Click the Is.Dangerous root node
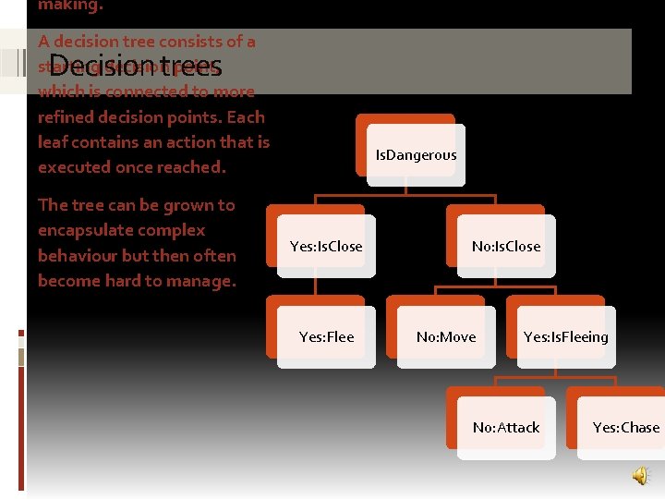pyautogui.click(x=415, y=155)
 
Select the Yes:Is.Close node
pyautogui.click(x=326, y=246)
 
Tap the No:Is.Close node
pyautogui.click(x=505, y=246)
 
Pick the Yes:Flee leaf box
pyautogui.click(x=326, y=336)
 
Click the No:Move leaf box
pyautogui.click(x=446, y=336)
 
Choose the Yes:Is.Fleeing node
pyautogui.click(x=565, y=336)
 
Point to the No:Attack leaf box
pyautogui.click(x=505, y=427)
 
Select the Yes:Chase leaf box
pyautogui.click(x=625, y=427)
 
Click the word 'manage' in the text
pyautogui.click(x=199, y=280)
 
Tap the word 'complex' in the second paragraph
pyautogui.click(x=175, y=230)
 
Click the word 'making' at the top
pyautogui.click(x=66, y=5)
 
